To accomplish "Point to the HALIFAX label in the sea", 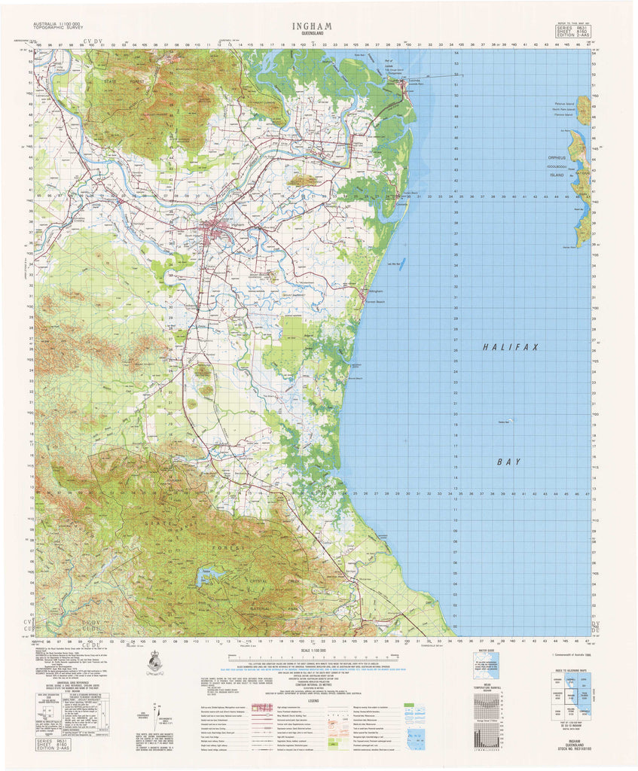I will point(511,347).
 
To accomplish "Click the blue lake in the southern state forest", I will point(209,575).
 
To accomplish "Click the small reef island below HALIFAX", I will point(512,421).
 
